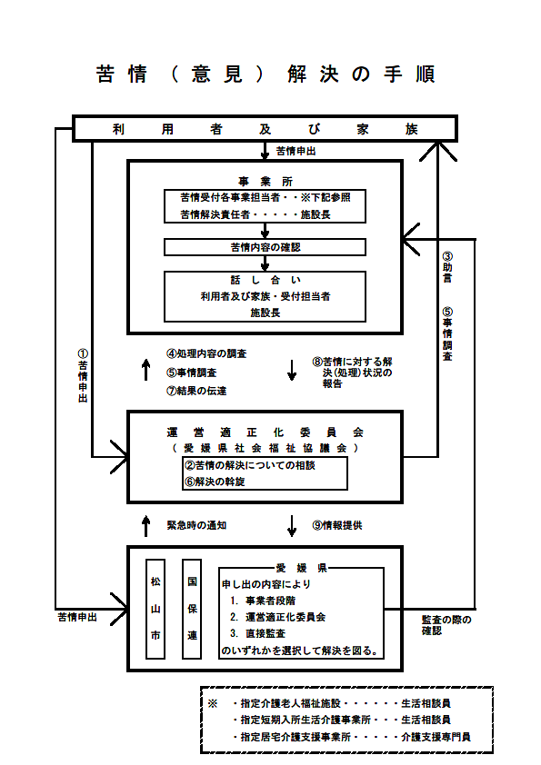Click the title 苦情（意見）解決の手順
(x=265, y=75)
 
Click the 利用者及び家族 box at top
(x=265, y=129)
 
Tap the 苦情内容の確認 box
(x=265, y=247)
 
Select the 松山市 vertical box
(x=155, y=609)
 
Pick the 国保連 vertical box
(x=192, y=609)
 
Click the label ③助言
(x=447, y=267)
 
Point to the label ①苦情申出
(x=83, y=375)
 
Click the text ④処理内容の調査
(x=206, y=353)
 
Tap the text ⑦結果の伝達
(x=196, y=391)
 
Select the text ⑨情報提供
(x=337, y=525)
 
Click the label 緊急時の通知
(x=196, y=525)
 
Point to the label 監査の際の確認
(x=446, y=625)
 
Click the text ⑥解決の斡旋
(x=215, y=482)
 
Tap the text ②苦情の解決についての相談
(x=249, y=465)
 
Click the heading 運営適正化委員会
(x=265, y=432)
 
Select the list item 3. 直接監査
(x=257, y=633)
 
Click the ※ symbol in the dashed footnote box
(x=213, y=703)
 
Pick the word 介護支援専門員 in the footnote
(x=436, y=737)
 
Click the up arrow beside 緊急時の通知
(x=145, y=526)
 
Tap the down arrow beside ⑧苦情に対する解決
(x=292, y=371)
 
